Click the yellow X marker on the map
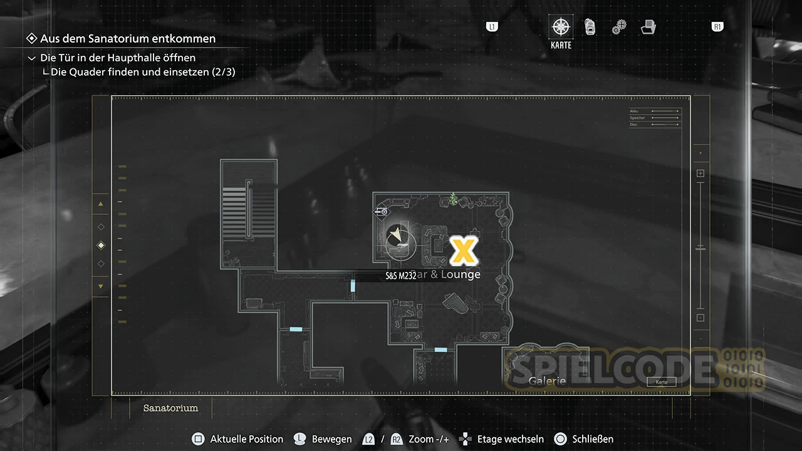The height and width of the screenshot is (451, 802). (x=464, y=251)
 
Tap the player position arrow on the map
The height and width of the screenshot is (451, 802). (x=395, y=236)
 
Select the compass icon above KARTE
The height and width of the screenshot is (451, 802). (x=561, y=27)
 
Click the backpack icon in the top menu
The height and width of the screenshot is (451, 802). (x=590, y=27)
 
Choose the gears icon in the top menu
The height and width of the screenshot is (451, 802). (x=619, y=27)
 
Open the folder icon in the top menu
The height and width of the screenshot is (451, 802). (x=648, y=27)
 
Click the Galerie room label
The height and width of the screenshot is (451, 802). (x=547, y=381)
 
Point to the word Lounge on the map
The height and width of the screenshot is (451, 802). (x=461, y=274)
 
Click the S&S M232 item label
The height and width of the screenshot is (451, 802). (x=400, y=276)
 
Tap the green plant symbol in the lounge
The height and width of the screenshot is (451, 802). (x=453, y=199)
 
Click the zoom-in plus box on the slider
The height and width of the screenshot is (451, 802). (x=700, y=174)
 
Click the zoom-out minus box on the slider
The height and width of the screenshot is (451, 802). (x=700, y=318)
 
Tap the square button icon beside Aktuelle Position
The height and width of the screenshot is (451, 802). (x=198, y=439)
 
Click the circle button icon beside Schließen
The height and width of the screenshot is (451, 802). (x=560, y=439)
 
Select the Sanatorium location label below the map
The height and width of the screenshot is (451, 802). (x=170, y=408)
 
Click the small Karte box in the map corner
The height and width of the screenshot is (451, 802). (x=661, y=381)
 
